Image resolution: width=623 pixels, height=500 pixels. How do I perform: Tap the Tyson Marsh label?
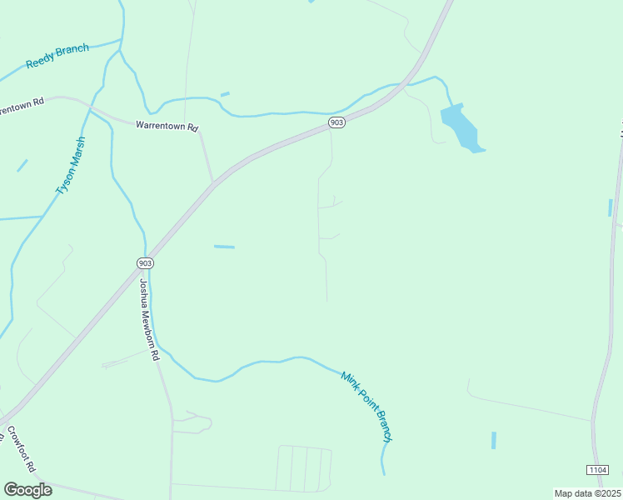click(x=71, y=165)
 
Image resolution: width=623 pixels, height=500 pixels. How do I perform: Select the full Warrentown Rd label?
click(x=167, y=127)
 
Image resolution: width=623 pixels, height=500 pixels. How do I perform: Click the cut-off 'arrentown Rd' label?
click(x=22, y=108)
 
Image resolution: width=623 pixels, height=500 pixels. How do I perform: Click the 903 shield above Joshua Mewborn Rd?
click(x=145, y=262)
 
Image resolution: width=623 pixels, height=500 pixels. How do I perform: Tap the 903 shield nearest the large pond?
click(x=336, y=122)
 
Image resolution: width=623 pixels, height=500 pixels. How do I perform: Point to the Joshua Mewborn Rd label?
click(x=148, y=319)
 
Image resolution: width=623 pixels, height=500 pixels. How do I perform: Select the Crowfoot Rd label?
click(x=21, y=450)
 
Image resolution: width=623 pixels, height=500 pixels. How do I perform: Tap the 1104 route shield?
click(x=597, y=471)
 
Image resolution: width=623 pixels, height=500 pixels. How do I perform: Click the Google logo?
click(x=27, y=490)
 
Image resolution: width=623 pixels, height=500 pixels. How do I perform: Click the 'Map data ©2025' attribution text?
click(x=587, y=493)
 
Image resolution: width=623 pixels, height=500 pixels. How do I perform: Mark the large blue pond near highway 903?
click(x=461, y=127)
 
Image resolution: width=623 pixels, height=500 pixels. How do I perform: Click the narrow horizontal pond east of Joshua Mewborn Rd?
click(x=224, y=247)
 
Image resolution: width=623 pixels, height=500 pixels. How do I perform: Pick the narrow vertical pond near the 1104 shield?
click(x=493, y=440)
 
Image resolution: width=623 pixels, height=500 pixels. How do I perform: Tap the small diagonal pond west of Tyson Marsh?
click(x=22, y=165)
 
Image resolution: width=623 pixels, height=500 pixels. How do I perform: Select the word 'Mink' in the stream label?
click(x=348, y=381)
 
